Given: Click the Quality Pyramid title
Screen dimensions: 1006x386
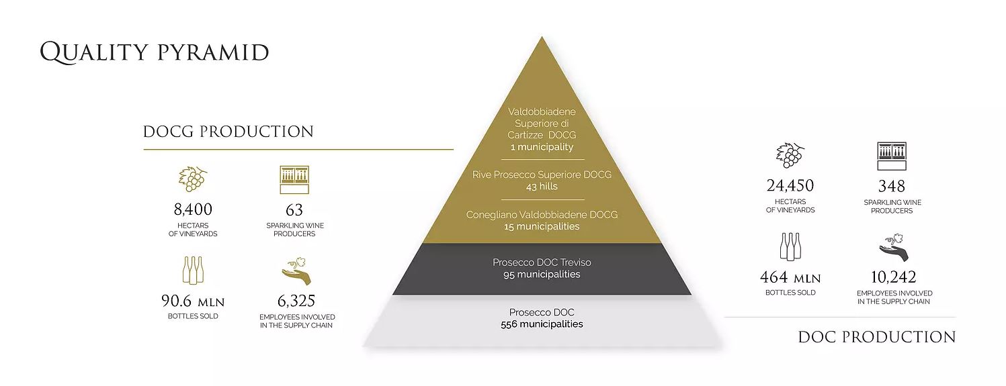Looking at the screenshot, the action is point(155,52).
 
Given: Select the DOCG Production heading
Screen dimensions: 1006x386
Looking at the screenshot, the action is point(228,132).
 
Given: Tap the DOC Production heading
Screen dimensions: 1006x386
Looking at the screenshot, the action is point(877,338).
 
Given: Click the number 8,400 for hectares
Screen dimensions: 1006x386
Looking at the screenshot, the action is point(193,209).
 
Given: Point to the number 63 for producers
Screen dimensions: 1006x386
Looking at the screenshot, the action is point(294,210).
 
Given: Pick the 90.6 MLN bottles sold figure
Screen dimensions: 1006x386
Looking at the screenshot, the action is point(193,301).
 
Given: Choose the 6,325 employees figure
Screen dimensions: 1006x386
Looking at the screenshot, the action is point(296,301).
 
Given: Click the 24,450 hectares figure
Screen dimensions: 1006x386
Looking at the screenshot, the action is point(790,186).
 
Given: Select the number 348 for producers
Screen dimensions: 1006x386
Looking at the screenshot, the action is point(892,186).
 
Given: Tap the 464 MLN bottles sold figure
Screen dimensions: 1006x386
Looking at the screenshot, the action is point(790,278).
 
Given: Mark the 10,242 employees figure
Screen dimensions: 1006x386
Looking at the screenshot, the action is point(893,278).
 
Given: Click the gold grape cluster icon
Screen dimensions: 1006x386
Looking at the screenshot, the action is point(193,179).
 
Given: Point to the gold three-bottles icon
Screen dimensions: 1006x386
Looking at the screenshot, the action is point(193,270).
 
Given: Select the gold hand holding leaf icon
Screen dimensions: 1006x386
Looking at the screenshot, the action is point(296,271).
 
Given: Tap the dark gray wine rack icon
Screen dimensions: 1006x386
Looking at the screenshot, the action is point(892,156).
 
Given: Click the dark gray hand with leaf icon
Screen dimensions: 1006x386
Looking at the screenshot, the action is point(894,248).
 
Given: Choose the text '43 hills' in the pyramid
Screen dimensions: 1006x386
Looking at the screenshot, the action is point(542,187).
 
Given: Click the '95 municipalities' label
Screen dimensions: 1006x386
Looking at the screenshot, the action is point(542,275).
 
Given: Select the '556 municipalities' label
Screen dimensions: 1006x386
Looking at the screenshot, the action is point(542,324).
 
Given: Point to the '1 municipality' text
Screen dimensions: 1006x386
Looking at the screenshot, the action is point(542,147).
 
